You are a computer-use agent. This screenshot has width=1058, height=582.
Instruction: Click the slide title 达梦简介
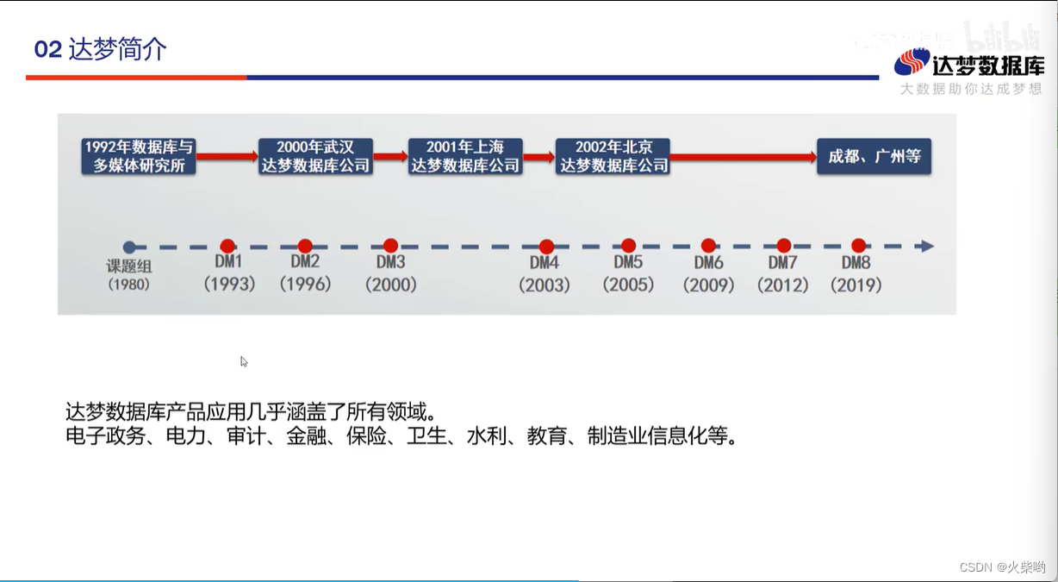pyautogui.click(x=117, y=49)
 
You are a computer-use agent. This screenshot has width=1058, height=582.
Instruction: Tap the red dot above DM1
pyautogui.click(x=227, y=247)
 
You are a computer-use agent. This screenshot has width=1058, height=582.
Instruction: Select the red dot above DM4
pyautogui.click(x=546, y=247)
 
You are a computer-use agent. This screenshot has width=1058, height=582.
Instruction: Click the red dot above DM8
pyautogui.click(x=858, y=246)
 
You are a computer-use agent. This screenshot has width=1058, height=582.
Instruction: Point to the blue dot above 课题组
pyautogui.click(x=129, y=247)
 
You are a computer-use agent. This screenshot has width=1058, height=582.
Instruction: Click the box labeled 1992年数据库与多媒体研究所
pyautogui.click(x=139, y=156)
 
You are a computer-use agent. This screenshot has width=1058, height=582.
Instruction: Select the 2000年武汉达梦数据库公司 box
pyautogui.click(x=315, y=156)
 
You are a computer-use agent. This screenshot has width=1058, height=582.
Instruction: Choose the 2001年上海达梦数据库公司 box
pyautogui.click(x=465, y=156)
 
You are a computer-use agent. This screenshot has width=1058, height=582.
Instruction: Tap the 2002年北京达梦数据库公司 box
pyautogui.click(x=613, y=156)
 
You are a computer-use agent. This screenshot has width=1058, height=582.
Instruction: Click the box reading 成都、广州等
pyautogui.click(x=874, y=156)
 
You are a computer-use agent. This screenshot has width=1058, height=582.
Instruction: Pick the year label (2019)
pyautogui.click(x=856, y=285)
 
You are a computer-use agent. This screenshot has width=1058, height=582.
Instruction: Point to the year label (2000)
pyautogui.click(x=390, y=285)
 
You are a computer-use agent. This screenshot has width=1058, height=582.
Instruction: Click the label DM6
pyautogui.click(x=708, y=263)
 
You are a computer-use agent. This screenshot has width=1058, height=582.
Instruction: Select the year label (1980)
pyautogui.click(x=128, y=285)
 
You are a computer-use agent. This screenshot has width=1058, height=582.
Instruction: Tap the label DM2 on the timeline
pyautogui.click(x=305, y=262)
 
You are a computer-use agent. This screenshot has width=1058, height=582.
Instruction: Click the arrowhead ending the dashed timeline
pyautogui.click(x=926, y=247)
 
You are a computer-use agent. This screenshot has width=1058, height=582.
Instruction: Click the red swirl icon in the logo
pyautogui.click(x=912, y=62)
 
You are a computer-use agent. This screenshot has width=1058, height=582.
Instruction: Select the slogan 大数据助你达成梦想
pyautogui.click(x=971, y=89)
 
